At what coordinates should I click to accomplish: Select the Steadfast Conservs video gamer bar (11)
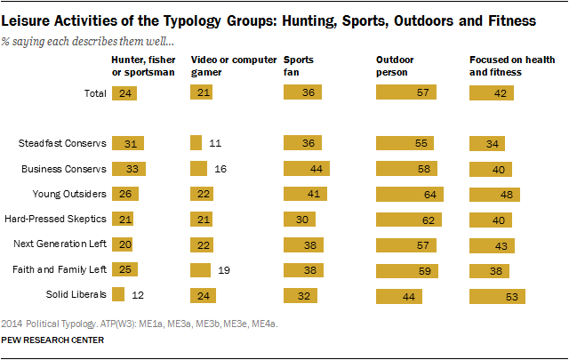[196, 143]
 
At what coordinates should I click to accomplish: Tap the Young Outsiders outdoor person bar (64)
[408, 193]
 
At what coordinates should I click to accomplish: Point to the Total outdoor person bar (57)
[405, 93]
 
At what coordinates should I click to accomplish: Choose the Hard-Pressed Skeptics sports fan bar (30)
[300, 219]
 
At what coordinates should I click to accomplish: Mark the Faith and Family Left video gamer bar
[200, 268]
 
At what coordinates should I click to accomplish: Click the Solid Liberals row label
[77, 293]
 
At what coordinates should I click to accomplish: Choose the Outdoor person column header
[396, 66]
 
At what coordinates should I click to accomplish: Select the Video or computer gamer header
[220, 66]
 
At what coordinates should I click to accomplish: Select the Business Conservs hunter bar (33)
[129, 168]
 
